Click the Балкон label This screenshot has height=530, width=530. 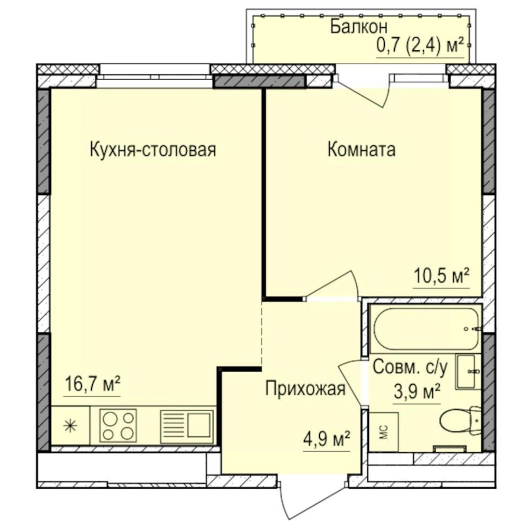359,26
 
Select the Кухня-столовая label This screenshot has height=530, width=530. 152,150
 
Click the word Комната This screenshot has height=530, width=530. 362,150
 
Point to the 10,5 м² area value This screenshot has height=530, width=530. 442,275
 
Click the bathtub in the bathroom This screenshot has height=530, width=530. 425,329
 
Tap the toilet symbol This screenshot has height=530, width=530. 459,421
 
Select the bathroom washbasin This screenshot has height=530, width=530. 468,372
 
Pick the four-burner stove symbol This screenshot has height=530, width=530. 118,425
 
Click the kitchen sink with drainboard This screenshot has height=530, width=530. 187,425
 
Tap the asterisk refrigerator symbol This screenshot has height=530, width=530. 70,426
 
